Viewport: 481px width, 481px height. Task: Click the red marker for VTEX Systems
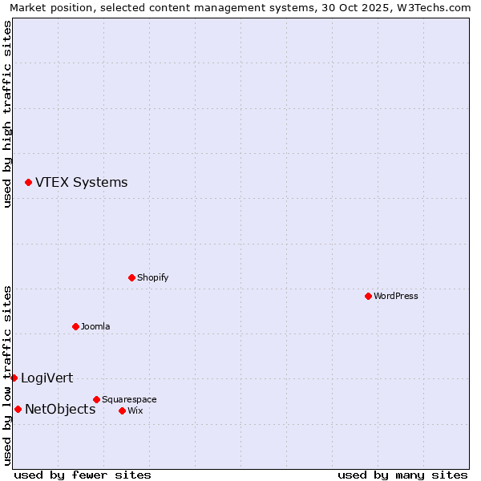click(x=28, y=183)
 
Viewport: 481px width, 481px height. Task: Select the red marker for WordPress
click(x=368, y=297)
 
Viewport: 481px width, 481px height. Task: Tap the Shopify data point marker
click(x=131, y=278)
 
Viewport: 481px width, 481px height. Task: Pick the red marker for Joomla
click(x=75, y=327)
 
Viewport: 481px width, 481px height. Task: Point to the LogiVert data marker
click(x=14, y=378)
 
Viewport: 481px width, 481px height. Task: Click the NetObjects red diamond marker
click(x=18, y=410)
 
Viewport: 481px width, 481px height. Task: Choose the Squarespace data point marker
click(x=96, y=399)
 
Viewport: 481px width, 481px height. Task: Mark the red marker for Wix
click(x=122, y=411)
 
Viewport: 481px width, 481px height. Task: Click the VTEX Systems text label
click(x=81, y=183)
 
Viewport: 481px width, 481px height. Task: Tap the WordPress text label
click(x=395, y=297)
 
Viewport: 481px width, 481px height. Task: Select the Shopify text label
click(x=152, y=278)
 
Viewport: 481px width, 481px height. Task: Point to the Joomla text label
click(x=95, y=327)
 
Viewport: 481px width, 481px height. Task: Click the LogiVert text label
click(x=46, y=378)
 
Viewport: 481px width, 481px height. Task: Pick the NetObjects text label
click(x=60, y=410)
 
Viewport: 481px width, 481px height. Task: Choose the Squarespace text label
click(x=129, y=399)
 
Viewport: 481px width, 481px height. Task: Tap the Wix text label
click(x=135, y=411)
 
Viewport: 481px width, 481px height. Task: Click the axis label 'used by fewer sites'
click(x=83, y=475)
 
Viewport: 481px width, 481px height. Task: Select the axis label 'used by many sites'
click(x=402, y=475)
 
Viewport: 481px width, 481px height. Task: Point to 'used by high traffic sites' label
click(x=7, y=114)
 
